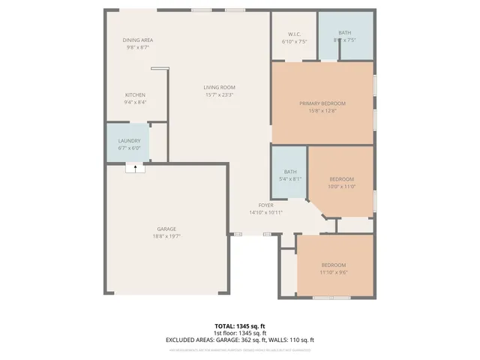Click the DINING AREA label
click(x=138, y=40)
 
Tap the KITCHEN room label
click(x=135, y=94)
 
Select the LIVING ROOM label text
click(x=219, y=88)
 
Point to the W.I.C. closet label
click(x=294, y=34)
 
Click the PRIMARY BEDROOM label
click(x=322, y=103)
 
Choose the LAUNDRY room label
click(x=129, y=141)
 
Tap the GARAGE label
click(x=166, y=229)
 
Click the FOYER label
click(x=265, y=205)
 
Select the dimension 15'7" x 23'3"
click(x=219, y=95)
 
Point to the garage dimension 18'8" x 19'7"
click(x=166, y=236)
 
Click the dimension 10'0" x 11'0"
click(x=341, y=186)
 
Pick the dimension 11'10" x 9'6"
click(x=334, y=272)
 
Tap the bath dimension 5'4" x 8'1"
click(x=289, y=179)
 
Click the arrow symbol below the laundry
click(x=135, y=169)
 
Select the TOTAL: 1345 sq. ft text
click(x=239, y=326)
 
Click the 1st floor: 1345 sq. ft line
click(x=239, y=333)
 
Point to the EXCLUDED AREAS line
click(x=239, y=340)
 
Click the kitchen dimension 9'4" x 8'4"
click(x=135, y=102)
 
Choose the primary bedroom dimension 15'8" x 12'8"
click(x=322, y=110)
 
